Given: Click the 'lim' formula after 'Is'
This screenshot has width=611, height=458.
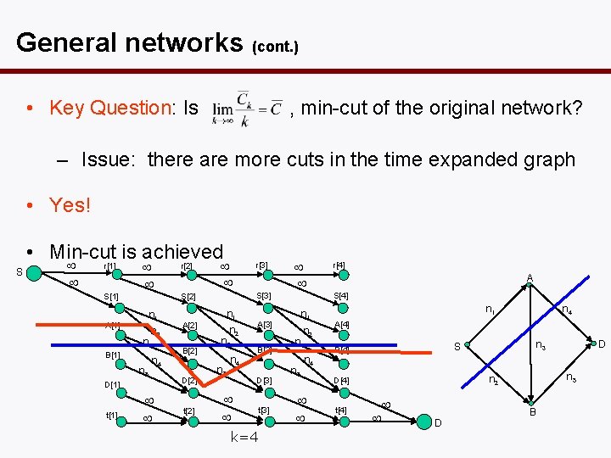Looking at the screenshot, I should pos(247,108).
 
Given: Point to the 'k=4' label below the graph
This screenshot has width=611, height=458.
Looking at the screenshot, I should pos(245,438).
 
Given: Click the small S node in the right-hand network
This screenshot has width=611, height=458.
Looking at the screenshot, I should pos(467,346).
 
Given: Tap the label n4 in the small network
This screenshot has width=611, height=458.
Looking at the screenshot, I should pos(566,310).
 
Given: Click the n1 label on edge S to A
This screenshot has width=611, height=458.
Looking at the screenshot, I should pos(490,310).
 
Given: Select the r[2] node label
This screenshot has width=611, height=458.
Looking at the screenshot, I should pos(184,266).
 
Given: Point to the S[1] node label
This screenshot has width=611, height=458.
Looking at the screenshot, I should pos(110,296).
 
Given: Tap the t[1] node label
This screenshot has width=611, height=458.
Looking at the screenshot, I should pos(111,416).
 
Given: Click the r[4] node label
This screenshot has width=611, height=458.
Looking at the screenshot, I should pos(339,265).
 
